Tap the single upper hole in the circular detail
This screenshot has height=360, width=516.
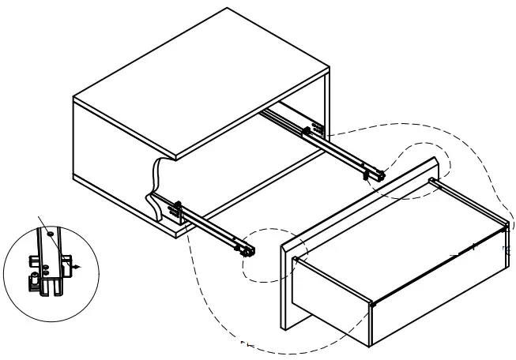pos(49,234)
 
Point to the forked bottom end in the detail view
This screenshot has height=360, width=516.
pos(54,289)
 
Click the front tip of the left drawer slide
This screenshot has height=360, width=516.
pos(249,251)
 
